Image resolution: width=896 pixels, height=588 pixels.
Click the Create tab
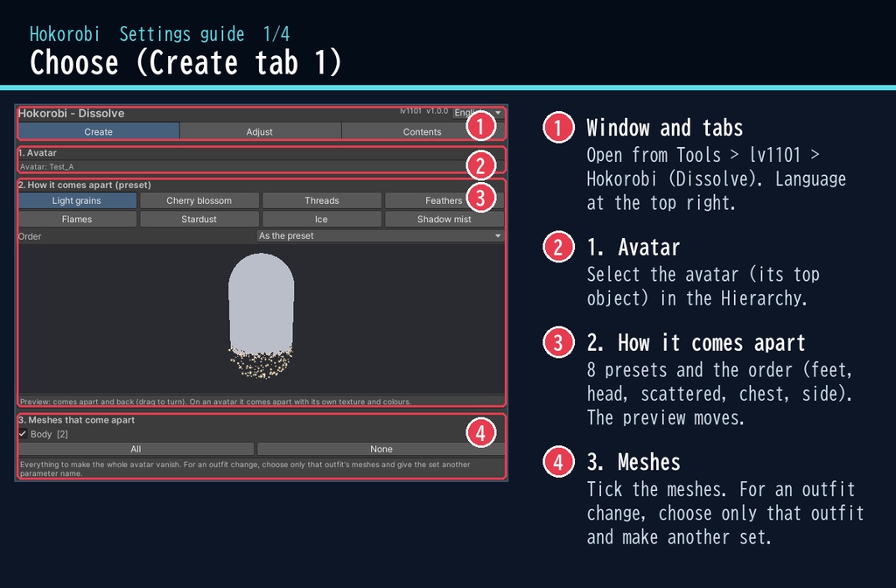click(98, 131)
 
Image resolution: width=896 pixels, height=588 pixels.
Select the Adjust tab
click(259, 131)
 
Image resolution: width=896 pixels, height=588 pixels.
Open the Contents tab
click(422, 131)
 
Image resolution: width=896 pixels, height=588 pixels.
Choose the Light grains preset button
click(77, 200)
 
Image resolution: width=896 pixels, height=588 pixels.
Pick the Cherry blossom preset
click(199, 200)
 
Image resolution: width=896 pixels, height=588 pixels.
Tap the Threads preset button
click(322, 200)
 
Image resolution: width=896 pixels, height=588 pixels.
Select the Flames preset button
click(77, 219)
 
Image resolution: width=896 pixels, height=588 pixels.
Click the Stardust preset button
click(199, 219)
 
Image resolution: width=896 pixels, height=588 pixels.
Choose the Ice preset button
click(322, 219)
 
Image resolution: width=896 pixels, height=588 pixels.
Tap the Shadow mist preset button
click(444, 219)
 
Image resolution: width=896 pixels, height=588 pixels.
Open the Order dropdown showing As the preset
click(380, 235)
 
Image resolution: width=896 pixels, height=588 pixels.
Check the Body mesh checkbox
click(23, 434)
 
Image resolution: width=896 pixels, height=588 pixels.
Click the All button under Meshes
click(136, 449)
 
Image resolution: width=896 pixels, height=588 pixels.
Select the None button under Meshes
click(381, 449)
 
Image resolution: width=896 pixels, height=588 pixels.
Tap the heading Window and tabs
click(665, 128)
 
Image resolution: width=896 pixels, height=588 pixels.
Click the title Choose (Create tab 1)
click(185, 62)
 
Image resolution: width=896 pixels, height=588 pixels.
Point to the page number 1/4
click(276, 34)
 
